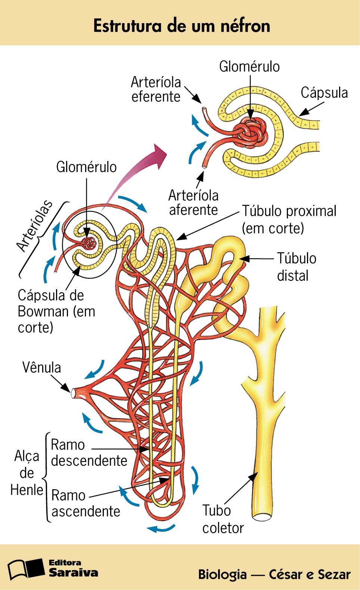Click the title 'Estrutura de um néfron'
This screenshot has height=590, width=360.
[x=181, y=26]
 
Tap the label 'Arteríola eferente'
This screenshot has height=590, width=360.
[x=156, y=90]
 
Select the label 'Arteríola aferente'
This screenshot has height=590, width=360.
[x=193, y=203]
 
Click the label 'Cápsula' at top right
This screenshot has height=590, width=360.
[x=324, y=93]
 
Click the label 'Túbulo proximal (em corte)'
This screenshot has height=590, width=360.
[x=289, y=219]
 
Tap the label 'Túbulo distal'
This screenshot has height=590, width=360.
[x=296, y=267]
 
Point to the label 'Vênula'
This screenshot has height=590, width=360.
[x=41, y=368]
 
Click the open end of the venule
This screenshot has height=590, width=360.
[x=73, y=393]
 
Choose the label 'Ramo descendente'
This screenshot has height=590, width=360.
[x=89, y=453]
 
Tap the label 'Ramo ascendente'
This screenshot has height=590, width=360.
[x=86, y=503]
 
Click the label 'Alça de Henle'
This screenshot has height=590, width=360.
[x=27, y=473]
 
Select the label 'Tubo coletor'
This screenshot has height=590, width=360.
[x=223, y=519]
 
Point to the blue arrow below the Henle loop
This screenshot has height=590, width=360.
[x=161, y=528]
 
